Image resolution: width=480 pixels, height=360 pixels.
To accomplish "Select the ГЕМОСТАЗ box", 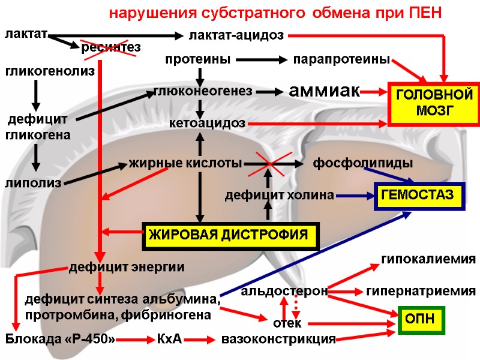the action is click(x=419, y=196).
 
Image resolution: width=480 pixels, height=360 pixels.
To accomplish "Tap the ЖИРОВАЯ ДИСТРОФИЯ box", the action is click(x=230, y=235).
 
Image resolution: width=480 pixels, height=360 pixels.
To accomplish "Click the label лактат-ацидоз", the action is click(x=236, y=35).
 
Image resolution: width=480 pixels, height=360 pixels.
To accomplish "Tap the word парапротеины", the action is click(x=341, y=60).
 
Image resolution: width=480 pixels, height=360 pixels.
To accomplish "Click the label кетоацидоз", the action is click(x=207, y=124).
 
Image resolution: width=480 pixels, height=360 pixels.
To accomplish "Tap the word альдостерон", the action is click(x=284, y=292).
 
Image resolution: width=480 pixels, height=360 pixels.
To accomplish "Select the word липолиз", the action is click(x=32, y=182).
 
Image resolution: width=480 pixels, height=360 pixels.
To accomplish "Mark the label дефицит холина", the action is click(x=279, y=196).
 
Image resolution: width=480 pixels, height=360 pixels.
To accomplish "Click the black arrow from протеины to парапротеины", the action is click(x=262, y=60).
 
